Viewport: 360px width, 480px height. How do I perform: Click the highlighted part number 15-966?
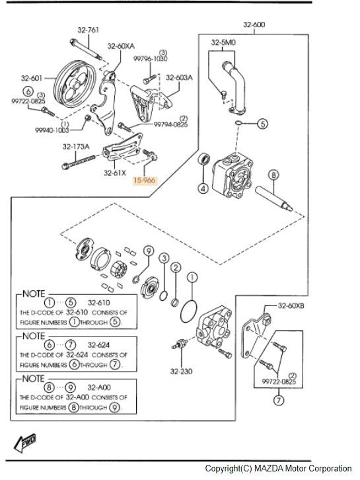tap(145, 180)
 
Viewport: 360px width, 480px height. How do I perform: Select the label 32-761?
tap(88, 30)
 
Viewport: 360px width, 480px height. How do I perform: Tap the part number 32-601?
tap(32, 78)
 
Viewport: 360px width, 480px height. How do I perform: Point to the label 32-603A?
tap(179, 78)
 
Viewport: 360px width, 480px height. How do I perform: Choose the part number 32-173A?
tap(76, 147)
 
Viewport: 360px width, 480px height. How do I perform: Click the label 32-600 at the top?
tap(254, 24)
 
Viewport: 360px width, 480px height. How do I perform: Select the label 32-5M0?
tap(223, 42)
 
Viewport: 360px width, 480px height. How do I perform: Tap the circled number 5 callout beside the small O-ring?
tap(262, 124)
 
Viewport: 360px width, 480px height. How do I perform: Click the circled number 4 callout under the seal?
tap(203, 188)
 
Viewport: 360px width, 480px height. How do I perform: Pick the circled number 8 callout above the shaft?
tap(273, 175)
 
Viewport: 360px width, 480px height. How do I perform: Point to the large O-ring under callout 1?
tap(189, 311)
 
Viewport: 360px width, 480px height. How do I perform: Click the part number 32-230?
tap(182, 372)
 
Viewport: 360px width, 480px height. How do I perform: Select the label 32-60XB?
tap(291, 305)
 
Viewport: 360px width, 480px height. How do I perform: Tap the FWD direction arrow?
tap(25, 443)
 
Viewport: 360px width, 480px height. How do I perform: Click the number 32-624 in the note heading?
tap(98, 345)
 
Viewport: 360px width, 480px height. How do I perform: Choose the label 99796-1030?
tap(150, 58)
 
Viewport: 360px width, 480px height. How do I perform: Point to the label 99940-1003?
tap(52, 130)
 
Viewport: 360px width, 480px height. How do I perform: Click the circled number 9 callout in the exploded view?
tap(149, 251)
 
